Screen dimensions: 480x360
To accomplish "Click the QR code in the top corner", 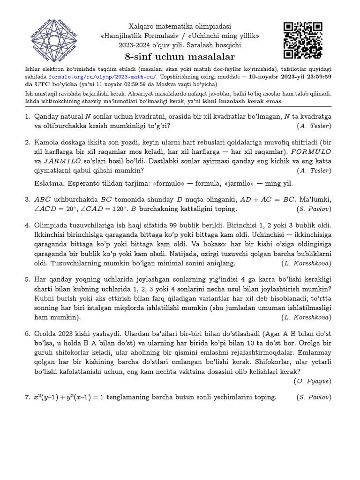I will (x=303, y=41).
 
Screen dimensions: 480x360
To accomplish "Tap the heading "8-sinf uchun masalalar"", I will (x=180, y=57).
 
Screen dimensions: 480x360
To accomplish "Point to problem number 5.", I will (x=28, y=280).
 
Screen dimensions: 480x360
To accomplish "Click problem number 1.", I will (x=28, y=117).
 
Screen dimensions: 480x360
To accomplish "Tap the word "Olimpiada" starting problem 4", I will (x=52, y=225).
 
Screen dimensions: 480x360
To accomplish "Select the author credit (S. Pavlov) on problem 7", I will (x=314, y=397).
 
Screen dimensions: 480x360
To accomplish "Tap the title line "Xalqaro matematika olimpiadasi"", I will (x=180, y=27).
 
